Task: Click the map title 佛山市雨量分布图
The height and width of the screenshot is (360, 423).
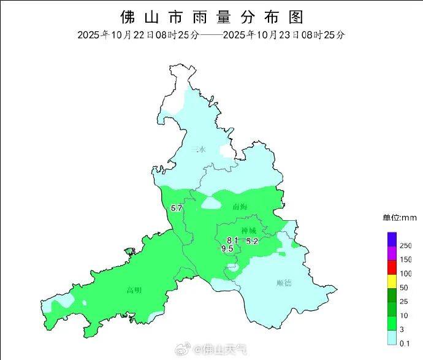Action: [211, 16]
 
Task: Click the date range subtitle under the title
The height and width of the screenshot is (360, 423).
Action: [211, 34]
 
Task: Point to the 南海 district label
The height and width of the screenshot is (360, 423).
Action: [240, 207]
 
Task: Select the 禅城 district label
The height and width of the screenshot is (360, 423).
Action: [249, 231]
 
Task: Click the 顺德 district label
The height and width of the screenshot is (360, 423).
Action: [284, 283]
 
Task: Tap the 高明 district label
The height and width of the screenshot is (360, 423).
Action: [134, 290]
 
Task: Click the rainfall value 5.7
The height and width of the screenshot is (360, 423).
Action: [177, 209]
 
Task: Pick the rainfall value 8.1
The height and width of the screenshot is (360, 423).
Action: [232, 240]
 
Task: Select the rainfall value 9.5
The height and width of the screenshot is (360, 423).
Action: [227, 248]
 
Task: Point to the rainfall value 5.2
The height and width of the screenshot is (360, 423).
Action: [252, 242]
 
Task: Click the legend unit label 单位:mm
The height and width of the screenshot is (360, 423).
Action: [400, 218]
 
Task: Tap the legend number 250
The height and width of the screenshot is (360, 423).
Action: [405, 245]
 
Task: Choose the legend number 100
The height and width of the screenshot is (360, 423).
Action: [405, 274]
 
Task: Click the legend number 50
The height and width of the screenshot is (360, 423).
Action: [403, 288]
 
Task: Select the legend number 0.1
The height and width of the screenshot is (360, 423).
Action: [404, 344]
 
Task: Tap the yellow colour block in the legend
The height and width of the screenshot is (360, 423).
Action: [392, 281]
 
